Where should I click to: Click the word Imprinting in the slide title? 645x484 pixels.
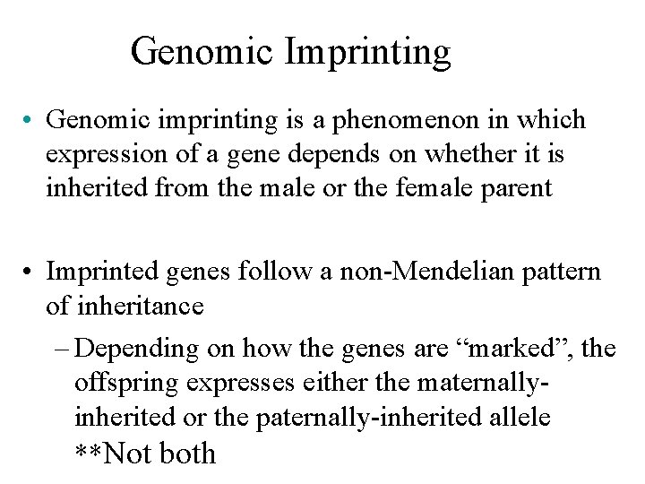[x=369, y=53]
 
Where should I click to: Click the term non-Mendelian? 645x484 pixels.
[x=415, y=270]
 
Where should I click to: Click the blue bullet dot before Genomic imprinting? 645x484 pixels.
[x=31, y=119]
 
